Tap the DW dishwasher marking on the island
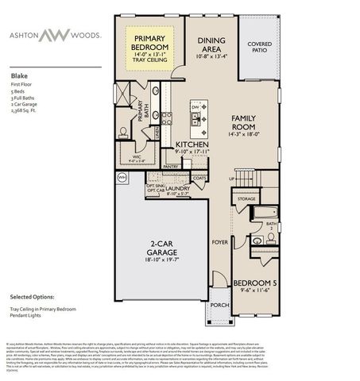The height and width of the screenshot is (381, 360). coord(195,104)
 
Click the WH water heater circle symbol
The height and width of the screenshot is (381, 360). coord(122,179)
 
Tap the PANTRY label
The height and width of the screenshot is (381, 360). coord(172,166)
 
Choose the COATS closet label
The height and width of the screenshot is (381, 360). coord(199,177)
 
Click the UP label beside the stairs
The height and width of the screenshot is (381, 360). coord(230,179)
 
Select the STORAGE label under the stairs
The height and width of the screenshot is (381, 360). coord(246,198)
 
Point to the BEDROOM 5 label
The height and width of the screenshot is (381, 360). coord(254,283)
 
